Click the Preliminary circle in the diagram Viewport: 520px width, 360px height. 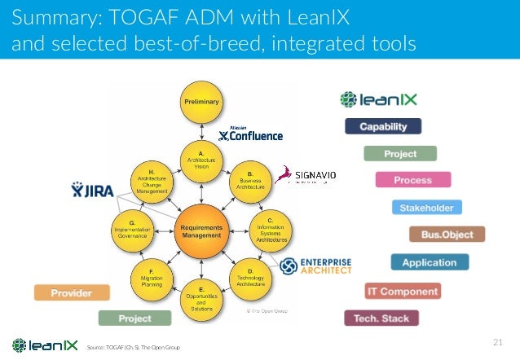coord(201,102)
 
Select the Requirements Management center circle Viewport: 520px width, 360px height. coord(201,231)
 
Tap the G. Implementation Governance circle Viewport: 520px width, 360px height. coord(132,230)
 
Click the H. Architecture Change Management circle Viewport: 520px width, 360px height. coord(152,180)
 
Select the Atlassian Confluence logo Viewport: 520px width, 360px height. coord(251,134)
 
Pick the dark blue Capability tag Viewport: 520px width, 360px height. coord(383,126)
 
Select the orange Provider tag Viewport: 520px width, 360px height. coord(71,292)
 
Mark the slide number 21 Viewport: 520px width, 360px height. coord(500,340)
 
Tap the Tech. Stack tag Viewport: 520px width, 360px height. coord(381,318)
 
